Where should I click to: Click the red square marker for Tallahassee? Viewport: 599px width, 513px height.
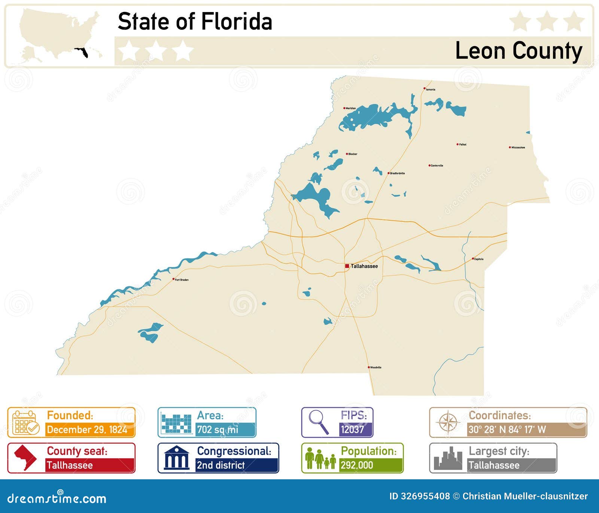[347, 266]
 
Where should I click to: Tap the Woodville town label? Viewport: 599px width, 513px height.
[375, 367]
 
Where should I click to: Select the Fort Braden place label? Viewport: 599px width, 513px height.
[182, 280]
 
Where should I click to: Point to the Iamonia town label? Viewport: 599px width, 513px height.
[431, 89]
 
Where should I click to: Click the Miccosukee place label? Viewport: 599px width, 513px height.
[518, 148]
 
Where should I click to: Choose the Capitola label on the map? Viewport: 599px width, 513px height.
[479, 259]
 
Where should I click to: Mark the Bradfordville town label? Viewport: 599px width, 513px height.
[397, 173]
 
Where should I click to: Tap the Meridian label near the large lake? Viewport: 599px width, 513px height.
[351, 108]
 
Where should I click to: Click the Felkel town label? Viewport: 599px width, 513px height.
[463, 144]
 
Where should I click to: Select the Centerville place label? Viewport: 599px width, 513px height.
[437, 166]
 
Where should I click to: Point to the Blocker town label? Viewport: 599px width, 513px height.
[353, 154]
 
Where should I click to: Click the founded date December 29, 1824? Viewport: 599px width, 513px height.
[87, 429]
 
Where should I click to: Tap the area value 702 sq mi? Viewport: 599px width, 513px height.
[218, 429]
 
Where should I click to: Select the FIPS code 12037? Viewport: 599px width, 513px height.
[352, 429]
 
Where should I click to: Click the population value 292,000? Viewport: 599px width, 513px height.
[357, 465]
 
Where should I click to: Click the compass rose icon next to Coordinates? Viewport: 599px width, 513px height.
[448, 422]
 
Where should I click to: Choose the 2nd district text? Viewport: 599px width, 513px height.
[221, 465]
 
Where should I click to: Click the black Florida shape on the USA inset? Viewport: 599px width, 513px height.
[83, 53]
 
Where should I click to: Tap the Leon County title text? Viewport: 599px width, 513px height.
[519, 51]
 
